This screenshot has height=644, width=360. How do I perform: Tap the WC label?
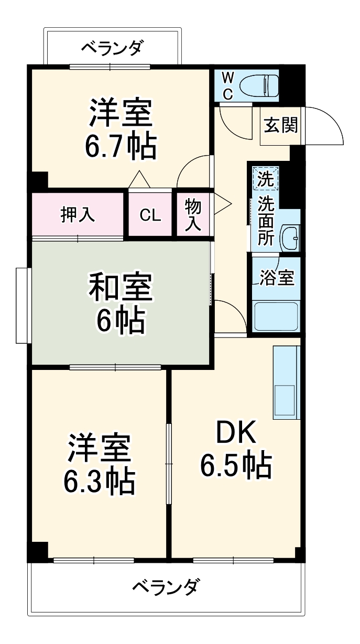[x=227, y=85]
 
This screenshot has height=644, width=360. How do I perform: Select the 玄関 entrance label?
[x=280, y=126]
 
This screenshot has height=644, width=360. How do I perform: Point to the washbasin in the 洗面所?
[x=289, y=238]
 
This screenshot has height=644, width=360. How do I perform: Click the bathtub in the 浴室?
[x=276, y=316]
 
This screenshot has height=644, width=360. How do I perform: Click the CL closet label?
[x=150, y=215]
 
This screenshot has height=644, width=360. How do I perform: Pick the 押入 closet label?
[x=78, y=215]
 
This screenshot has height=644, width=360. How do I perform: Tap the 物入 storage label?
[x=193, y=215]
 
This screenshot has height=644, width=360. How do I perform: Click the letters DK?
[x=236, y=434]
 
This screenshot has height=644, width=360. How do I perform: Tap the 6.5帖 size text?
[x=236, y=465]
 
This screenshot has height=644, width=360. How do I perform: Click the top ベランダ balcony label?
[x=111, y=48]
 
